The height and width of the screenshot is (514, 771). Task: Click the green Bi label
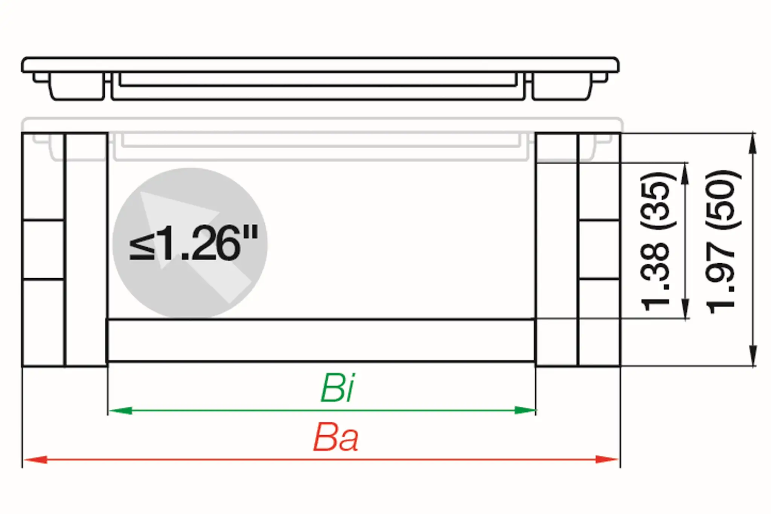click(x=338, y=388)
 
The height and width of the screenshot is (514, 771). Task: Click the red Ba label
click(x=336, y=438)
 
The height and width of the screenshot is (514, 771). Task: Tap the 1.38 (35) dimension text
click(x=655, y=241)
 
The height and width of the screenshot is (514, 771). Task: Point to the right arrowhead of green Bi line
click(x=524, y=410)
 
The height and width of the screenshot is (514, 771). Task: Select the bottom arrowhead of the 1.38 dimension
click(x=686, y=309)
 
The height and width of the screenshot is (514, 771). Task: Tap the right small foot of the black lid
click(x=600, y=77)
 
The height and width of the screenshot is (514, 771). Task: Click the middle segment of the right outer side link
click(x=599, y=250)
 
